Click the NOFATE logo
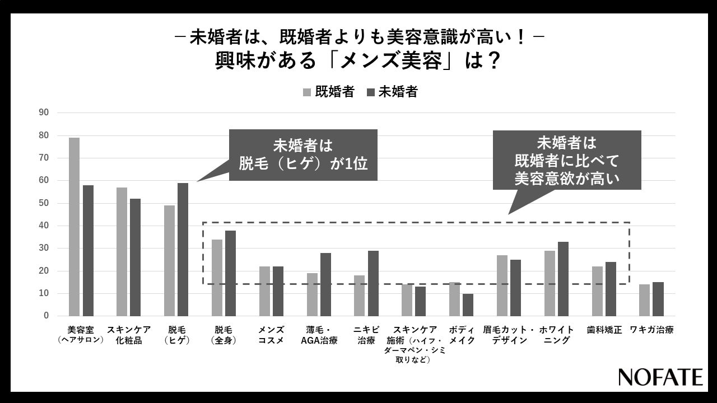pos(660,377)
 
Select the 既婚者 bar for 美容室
pos(74,227)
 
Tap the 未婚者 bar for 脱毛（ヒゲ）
pos(183,250)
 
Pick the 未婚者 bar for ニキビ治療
pos(373,283)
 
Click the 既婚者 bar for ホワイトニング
pos(550,283)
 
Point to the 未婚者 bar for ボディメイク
pos(468,304)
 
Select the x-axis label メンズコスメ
pos(271,335)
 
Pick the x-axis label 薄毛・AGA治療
pos(319,335)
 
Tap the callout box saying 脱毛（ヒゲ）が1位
pos(303,155)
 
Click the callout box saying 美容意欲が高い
pos(567,160)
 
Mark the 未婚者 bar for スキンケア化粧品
pos(136,257)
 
